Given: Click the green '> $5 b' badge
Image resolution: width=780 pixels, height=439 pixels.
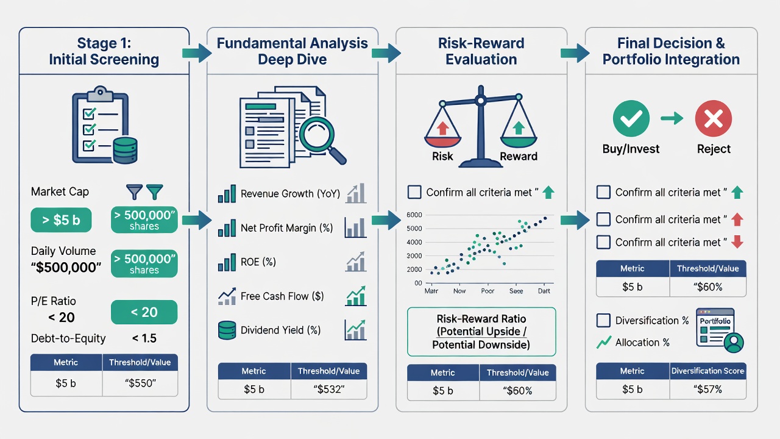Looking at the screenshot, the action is tap(61, 220).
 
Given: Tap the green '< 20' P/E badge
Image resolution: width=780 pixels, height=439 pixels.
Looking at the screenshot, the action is tap(144, 312).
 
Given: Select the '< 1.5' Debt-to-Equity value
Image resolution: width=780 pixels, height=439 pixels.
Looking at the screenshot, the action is tap(144, 338).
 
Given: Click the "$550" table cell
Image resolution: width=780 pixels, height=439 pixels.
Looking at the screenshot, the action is tap(140, 384).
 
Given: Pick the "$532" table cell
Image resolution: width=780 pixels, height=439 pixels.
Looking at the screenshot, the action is tap(328, 389).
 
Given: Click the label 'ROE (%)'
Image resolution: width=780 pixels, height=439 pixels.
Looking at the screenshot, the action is tap(258, 262).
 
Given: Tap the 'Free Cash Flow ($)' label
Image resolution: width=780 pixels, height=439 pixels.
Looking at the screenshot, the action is tap(282, 296).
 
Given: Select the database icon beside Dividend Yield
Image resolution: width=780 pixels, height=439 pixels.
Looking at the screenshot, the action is tap(227, 330).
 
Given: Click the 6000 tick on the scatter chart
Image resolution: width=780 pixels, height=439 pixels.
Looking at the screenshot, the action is tap(414, 215).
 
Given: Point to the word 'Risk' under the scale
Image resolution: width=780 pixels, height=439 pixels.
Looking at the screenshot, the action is tap(442, 156).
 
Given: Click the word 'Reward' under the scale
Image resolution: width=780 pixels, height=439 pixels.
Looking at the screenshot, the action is tap(519, 156).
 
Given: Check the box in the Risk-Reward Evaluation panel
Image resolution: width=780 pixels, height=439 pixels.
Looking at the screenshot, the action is tap(414, 192).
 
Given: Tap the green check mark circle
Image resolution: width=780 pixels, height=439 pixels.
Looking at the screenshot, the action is tap(631, 118).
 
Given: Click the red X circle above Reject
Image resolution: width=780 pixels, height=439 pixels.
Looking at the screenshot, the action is tap(714, 118).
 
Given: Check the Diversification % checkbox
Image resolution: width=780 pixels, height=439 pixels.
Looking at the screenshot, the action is tap(603, 320).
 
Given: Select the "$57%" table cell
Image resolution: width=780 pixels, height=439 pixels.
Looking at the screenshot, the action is tap(707, 389).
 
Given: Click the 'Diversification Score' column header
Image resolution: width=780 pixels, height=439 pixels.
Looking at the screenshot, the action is tap(707, 371).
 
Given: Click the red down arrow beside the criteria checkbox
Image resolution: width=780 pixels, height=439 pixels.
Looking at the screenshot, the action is tap(737, 242).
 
